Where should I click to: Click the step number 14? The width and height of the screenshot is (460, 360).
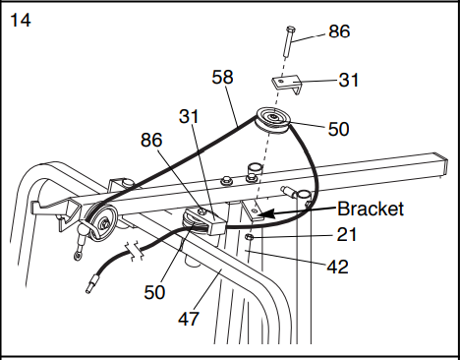coord(21,20)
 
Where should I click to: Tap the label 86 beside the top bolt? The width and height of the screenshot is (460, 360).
coord(339,32)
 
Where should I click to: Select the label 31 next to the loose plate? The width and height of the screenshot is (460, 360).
coord(349,81)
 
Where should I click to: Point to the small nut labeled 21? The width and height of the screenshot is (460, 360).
coord(251,237)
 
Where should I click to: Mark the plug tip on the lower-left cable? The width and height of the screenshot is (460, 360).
coord(92,287)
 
